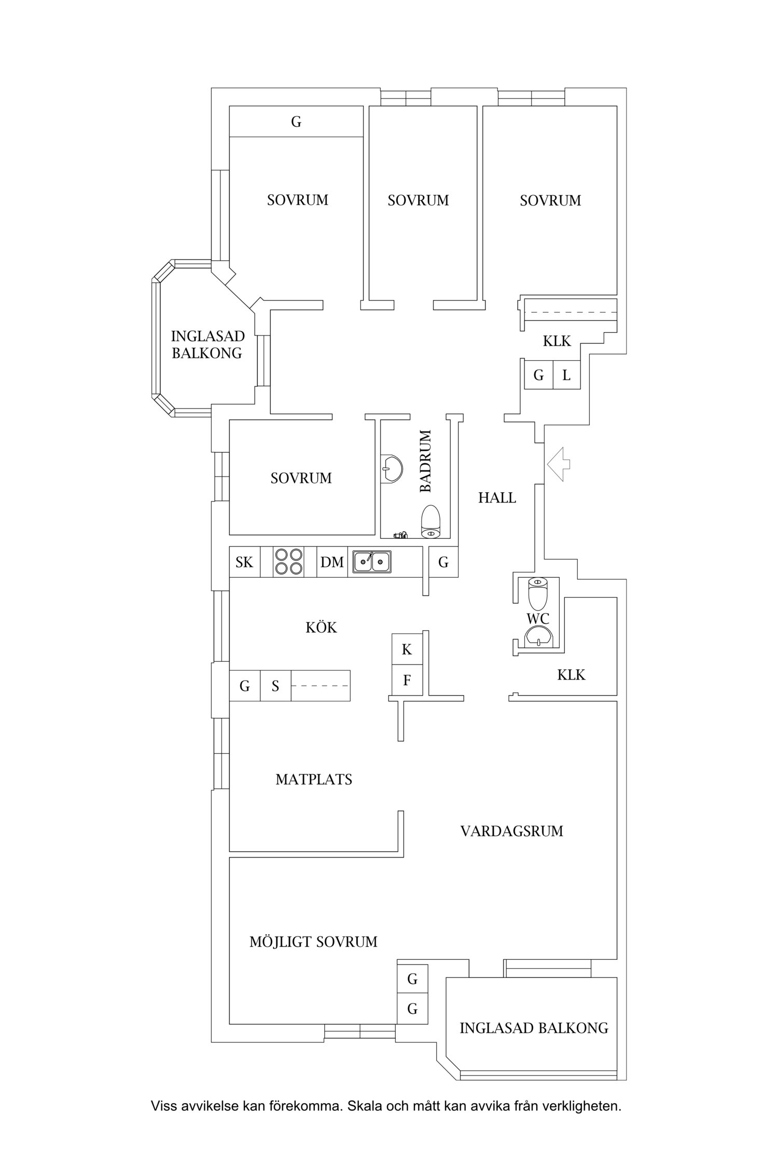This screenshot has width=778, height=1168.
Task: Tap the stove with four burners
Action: [x=289, y=562]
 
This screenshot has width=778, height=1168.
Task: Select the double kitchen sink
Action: [x=372, y=561]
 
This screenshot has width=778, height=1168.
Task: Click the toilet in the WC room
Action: [x=538, y=593]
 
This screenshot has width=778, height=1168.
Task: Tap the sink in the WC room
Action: [x=538, y=637]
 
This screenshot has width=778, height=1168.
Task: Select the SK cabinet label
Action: [x=244, y=562]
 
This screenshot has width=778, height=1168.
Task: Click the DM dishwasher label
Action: [x=332, y=562]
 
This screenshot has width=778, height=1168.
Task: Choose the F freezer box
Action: [x=407, y=680]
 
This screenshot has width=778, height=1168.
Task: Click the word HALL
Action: [x=497, y=498]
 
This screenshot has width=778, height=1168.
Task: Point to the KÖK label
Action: [x=321, y=627]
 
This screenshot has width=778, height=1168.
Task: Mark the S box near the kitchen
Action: [x=275, y=686]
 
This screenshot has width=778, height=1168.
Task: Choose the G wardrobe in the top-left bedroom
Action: [x=296, y=121]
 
